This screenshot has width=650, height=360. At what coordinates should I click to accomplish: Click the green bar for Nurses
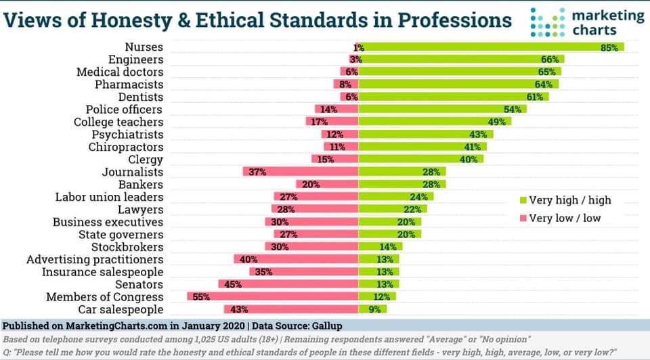[492, 47]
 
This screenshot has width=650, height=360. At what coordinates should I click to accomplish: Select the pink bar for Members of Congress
[273, 296]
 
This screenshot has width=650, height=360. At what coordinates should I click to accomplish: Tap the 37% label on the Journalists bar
[257, 171]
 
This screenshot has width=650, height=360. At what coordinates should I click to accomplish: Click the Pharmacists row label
[129, 85]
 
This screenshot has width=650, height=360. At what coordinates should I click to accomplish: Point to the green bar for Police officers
[443, 110]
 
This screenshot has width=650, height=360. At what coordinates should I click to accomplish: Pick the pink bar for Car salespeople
[291, 309]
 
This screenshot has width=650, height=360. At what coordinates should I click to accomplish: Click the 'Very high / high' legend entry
[565, 200]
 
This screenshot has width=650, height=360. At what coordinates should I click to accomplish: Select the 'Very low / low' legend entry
[561, 218]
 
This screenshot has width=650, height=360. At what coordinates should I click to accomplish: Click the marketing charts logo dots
[548, 22]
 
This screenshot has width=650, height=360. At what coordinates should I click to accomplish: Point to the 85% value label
[609, 47]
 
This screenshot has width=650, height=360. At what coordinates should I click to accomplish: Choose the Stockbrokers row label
[127, 247]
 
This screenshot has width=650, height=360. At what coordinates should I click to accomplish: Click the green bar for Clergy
[421, 159]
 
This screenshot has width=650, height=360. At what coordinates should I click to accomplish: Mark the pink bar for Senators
[288, 284]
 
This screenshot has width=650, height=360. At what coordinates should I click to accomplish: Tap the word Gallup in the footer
[327, 326]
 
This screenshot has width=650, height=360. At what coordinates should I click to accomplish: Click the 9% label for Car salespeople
[374, 309]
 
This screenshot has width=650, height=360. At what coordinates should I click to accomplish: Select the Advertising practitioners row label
[95, 260]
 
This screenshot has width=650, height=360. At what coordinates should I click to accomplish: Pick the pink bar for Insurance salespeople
[304, 272]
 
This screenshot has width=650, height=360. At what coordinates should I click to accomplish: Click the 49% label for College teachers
[496, 122]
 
